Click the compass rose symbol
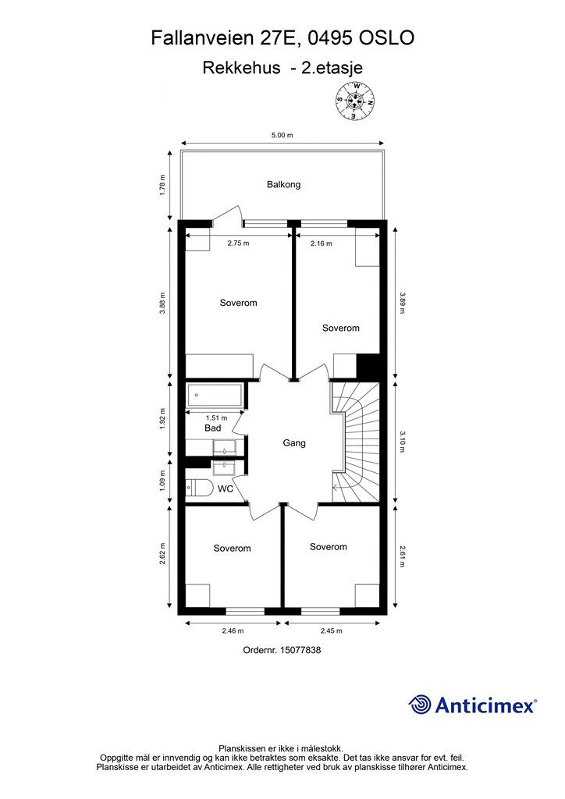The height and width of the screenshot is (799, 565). [x=355, y=101]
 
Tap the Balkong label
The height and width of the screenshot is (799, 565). [x=283, y=185]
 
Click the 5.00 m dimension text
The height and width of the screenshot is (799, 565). [x=282, y=135]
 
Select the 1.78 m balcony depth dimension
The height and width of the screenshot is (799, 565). [x=162, y=185]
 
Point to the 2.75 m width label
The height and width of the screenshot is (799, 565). [x=238, y=243]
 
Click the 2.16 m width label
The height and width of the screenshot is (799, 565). [x=321, y=243]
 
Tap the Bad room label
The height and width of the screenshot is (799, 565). [x=212, y=428]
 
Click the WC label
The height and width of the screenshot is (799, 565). [x=226, y=489]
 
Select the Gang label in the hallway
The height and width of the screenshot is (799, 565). [x=293, y=443]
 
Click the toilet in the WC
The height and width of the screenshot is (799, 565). [x=199, y=488]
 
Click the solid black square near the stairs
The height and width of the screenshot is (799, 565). [x=368, y=365]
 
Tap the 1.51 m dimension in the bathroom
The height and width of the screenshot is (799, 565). [x=205, y=417]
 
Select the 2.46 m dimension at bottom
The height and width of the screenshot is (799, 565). [x=233, y=630]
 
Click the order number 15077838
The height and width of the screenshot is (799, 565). [x=282, y=649]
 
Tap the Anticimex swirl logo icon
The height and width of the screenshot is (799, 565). [x=420, y=705]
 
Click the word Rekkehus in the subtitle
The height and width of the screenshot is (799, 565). [x=241, y=68]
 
